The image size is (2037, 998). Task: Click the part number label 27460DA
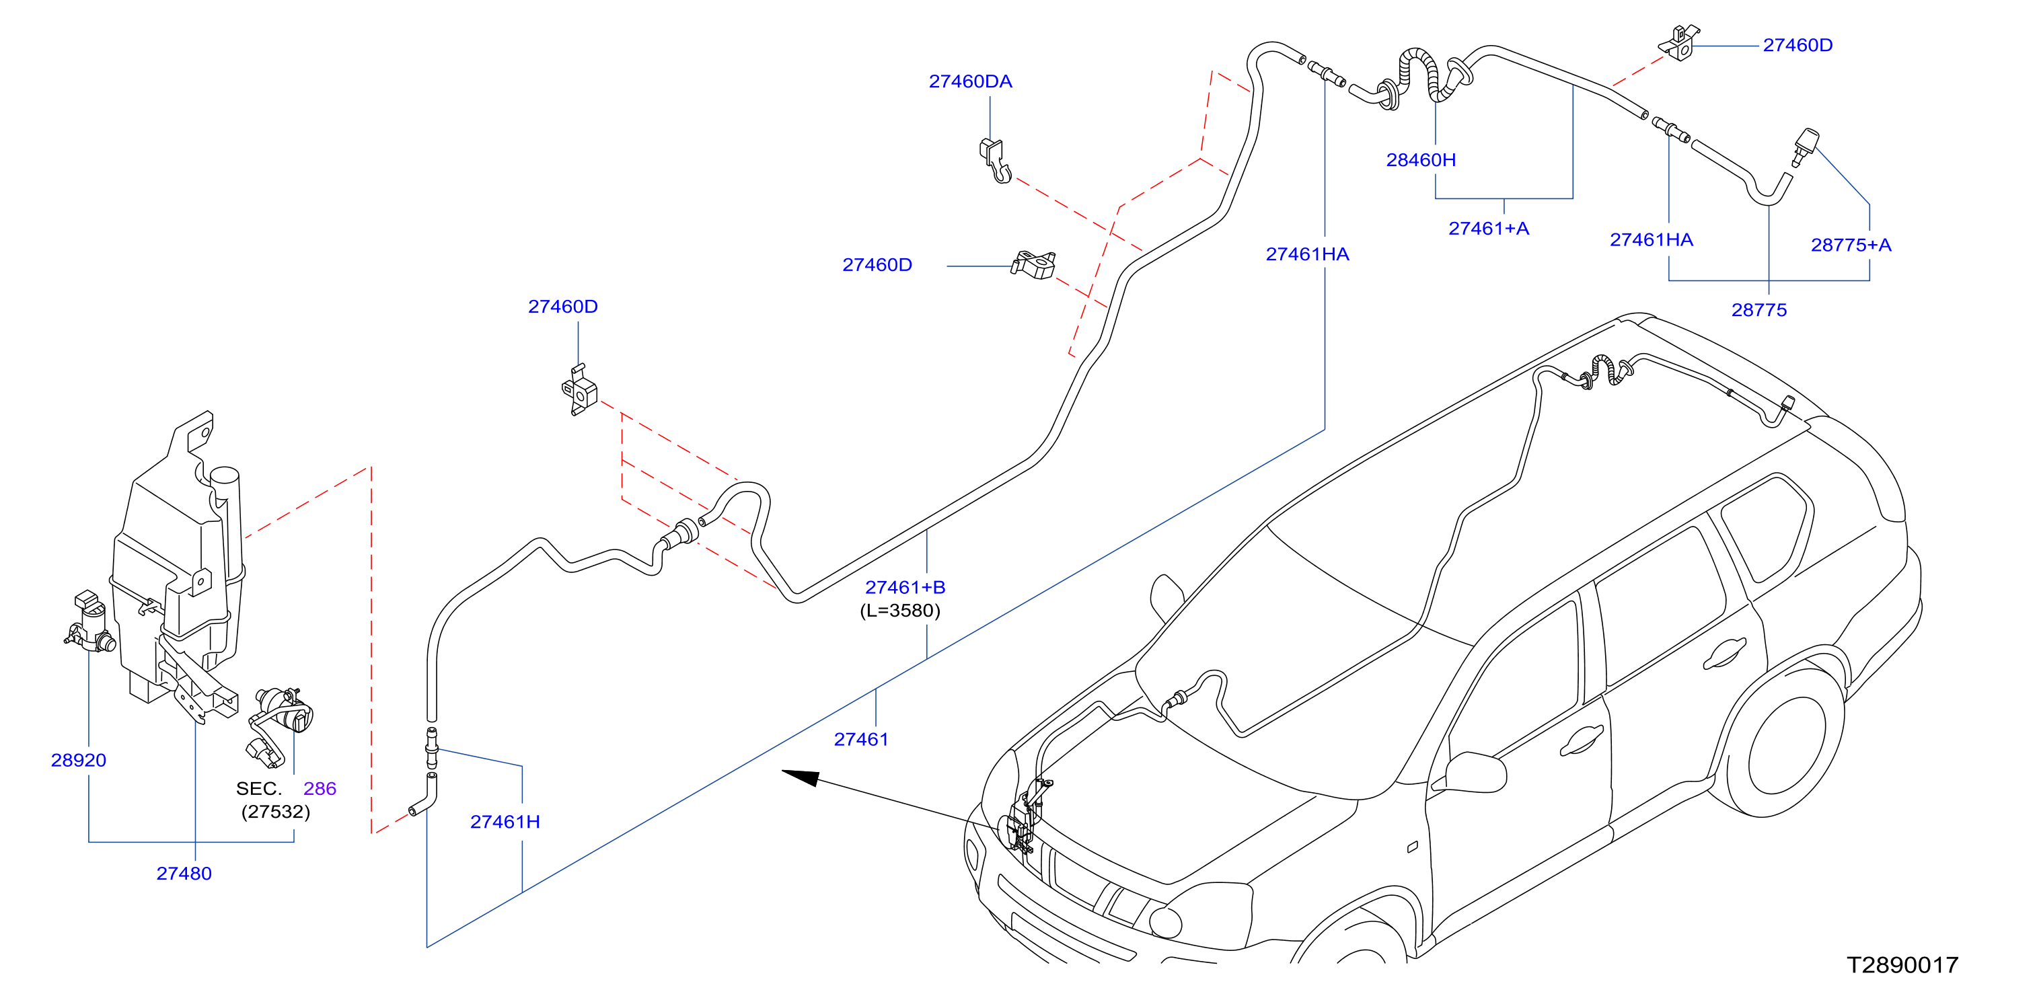[970, 81]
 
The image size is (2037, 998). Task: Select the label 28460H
[1420, 160]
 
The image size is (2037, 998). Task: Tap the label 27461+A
[1488, 229]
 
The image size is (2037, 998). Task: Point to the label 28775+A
[1851, 245]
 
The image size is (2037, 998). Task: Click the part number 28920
[78, 760]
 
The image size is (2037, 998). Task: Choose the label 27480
[184, 873]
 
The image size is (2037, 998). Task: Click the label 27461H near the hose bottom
[505, 822]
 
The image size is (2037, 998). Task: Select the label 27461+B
[905, 588]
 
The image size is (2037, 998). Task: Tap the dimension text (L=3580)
[900, 611]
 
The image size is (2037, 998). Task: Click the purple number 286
[320, 788]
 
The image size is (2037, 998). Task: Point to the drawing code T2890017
[1902, 965]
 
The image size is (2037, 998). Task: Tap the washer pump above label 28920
[90, 621]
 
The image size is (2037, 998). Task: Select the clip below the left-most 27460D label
[580, 391]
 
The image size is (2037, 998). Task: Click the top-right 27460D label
[1798, 45]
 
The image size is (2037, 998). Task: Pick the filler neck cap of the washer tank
[224, 476]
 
